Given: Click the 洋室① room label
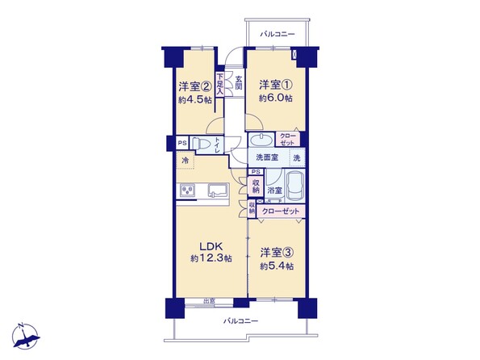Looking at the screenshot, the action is [276, 85].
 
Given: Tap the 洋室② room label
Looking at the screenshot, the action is [195, 87].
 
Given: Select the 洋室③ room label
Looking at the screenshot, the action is [278, 253].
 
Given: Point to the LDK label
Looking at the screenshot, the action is [211, 246].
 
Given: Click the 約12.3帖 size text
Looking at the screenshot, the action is [211, 258].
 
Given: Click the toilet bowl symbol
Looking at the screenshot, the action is [201, 143].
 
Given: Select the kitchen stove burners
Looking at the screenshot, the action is [186, 191].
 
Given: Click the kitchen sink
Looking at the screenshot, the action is [219, 190].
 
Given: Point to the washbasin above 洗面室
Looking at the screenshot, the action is [261, 140].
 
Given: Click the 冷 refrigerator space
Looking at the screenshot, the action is [186, 161].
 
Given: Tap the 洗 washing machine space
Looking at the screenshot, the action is [297, 157].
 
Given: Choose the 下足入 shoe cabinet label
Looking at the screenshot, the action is [219, 84].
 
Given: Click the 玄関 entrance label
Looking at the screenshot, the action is [239, 82].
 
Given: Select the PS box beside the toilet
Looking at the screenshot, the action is [182, 143].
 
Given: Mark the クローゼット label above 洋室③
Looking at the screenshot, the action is [281, 211].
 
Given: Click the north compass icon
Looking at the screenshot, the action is [26, 336].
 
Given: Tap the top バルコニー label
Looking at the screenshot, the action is [277, 34].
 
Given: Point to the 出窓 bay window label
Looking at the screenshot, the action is [209, 301].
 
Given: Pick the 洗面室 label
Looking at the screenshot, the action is [267, 157].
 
